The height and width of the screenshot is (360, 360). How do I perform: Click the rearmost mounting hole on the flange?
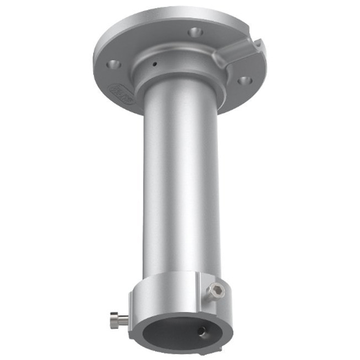pos(195,32)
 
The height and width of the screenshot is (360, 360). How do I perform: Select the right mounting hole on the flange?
pos(244,80)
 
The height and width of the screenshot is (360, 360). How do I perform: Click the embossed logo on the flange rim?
pos(122,93)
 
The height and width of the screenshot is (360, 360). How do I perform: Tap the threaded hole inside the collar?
pos(203,331)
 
